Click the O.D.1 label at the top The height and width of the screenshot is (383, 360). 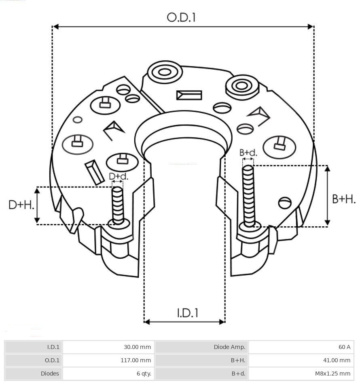pos(181,17)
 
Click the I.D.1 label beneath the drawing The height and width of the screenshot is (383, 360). pos(187,313)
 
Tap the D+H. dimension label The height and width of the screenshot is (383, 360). pos(21,205)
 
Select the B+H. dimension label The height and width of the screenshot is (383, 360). pos(344,199)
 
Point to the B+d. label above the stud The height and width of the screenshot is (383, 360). pos(248,152)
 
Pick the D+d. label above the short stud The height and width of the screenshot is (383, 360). pos(119,176)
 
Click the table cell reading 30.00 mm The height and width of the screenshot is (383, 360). pos(137,347)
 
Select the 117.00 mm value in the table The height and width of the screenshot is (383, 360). pos(136,360)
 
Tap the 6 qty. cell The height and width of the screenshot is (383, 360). pos(144,373)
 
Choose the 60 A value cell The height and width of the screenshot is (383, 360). pos(344,347)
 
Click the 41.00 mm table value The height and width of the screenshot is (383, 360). pos(336,360)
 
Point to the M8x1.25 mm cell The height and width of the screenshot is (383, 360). pos(332,373)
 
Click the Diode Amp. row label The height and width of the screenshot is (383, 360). pos(229,347)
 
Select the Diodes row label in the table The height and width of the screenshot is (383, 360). pos(50,373)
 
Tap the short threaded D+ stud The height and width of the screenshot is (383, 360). pos(118,206)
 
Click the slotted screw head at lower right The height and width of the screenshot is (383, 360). pos(285,203)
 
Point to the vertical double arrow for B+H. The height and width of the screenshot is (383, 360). pos(328,196)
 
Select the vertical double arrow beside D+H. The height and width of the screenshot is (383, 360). pos(37,205)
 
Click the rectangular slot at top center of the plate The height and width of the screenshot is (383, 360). pos(189,95)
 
